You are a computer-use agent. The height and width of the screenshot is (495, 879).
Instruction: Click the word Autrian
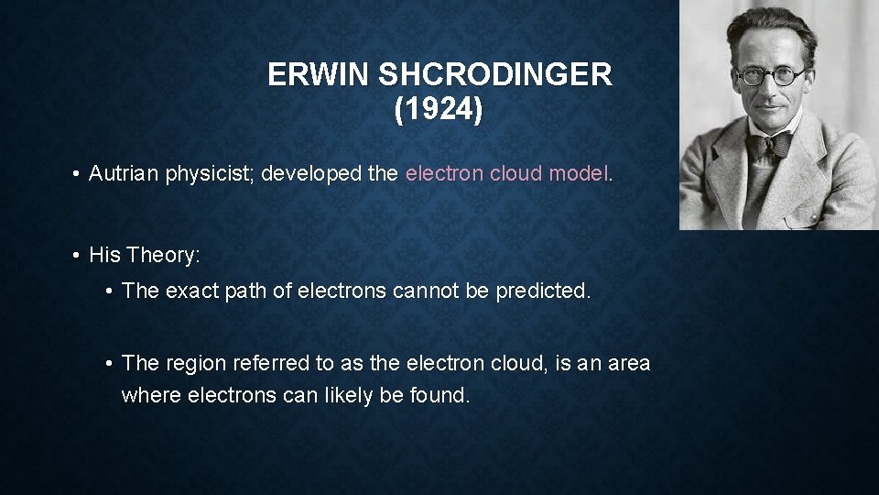point(125,174)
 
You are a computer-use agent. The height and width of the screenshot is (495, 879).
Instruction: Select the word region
point(192,363)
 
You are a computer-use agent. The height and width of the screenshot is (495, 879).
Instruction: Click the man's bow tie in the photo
point(769,146)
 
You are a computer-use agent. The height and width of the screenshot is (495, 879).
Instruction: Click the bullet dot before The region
point(109,364)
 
